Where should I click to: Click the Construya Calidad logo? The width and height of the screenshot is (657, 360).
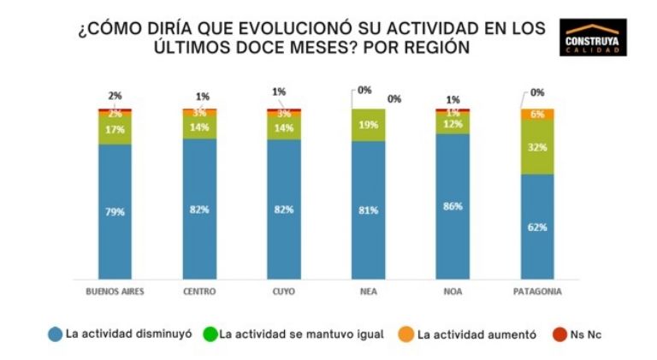point(594,38)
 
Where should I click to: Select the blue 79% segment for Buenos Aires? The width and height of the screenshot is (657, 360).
point(115,211)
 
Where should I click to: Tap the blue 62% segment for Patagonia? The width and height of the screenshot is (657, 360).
point(538,227)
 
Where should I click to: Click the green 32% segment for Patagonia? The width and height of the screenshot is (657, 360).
point(538,147)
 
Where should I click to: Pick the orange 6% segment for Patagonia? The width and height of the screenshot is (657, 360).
point(538,114)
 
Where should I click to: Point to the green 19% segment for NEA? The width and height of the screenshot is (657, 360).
point(369,125)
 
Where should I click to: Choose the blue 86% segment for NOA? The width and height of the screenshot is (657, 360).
point(453,205)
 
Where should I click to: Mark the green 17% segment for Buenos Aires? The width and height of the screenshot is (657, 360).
point(115,130)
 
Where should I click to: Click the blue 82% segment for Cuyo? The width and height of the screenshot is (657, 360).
point(284,209)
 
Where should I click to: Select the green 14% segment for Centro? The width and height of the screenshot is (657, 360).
point(199,126)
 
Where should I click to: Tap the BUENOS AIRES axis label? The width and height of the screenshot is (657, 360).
point(115,292)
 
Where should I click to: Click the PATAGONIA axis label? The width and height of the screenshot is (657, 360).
point(538,292)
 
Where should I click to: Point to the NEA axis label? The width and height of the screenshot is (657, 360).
point(369,292)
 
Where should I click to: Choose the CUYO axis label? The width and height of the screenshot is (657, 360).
point(284,292)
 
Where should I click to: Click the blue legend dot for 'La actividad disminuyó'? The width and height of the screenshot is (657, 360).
point(54,334)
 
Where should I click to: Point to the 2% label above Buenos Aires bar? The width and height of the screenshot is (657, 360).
point(115,96)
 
